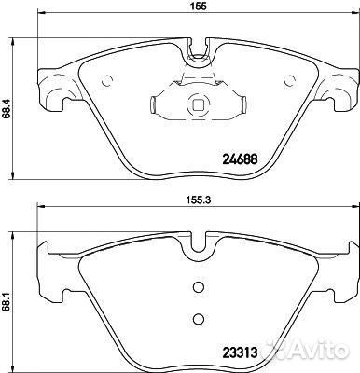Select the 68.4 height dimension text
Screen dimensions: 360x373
point(5,109)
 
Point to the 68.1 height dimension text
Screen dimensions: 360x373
point(5,301)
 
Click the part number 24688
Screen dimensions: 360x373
point(240,159)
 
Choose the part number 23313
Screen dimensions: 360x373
point(240,352)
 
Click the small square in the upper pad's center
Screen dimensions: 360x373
point(198,105)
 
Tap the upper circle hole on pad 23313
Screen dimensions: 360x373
point(198,287)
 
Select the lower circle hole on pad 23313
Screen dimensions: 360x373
point(198,318)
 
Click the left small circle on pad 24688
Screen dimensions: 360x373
point(107,81)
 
